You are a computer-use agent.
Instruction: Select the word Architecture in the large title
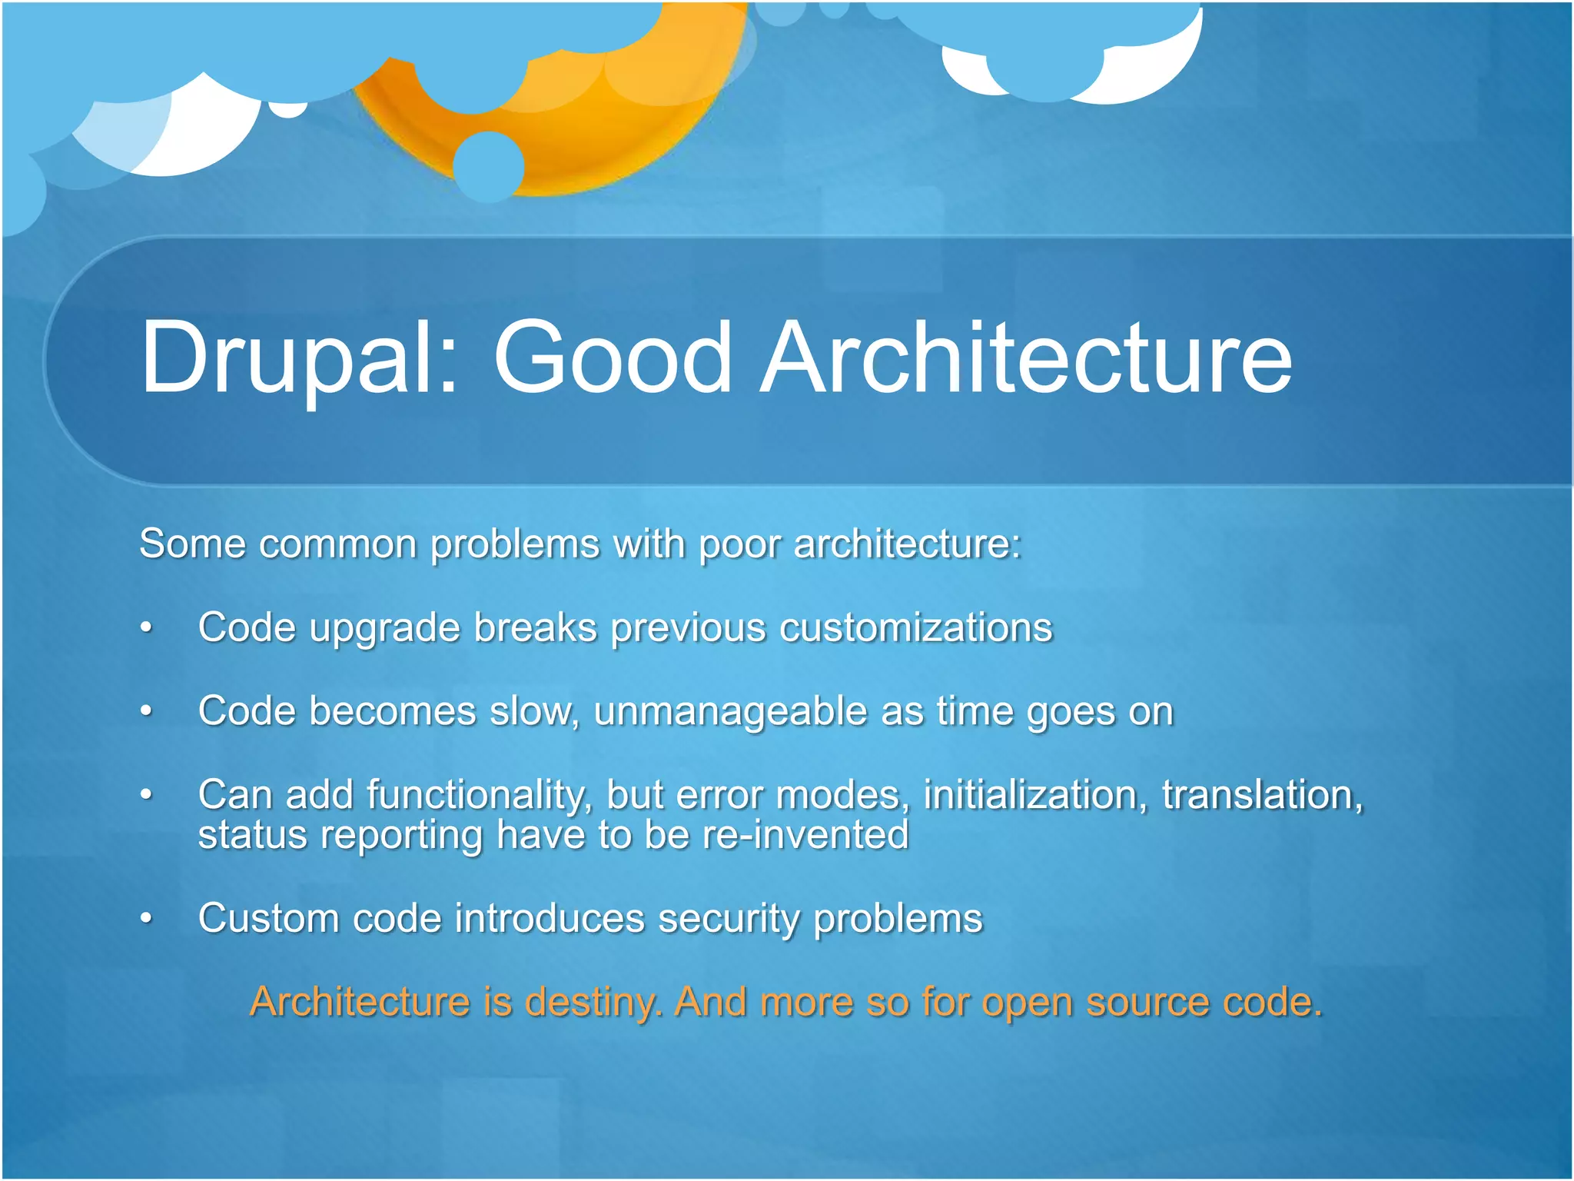coord(1026,358)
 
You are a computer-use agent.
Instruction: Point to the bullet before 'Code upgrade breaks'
coord(146,628)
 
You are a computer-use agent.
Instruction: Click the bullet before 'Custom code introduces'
coord(146,918)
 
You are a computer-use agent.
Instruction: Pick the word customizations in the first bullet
coord(915,628)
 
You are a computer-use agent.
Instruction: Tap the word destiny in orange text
coord(592,1003)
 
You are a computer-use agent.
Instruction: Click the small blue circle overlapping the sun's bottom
coord(489,167)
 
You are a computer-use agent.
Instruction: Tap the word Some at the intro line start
coord(192,545)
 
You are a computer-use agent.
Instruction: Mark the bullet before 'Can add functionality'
coord(146,795)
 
